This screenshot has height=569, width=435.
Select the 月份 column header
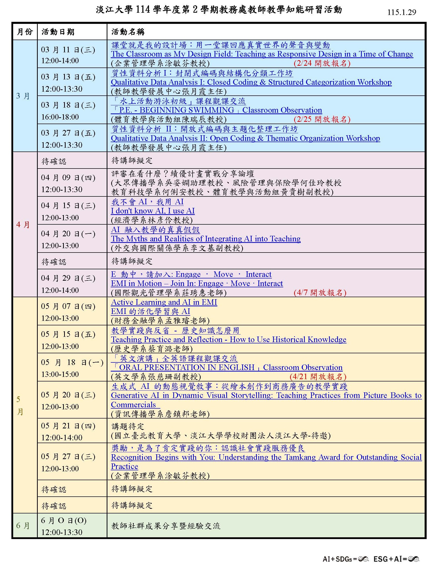pyautogui.click(x=25, y=32)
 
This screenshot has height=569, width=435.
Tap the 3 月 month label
pyautogui.click(x=23, y=96)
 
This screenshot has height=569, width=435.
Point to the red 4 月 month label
pyautogui.click(x=23, y=224)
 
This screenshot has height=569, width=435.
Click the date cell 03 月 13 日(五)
pyautogui.click(x=68, y=77)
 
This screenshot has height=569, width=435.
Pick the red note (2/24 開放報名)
pyautogui.click(x=322, y=63)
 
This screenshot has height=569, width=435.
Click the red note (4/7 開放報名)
pyautogui.click(x=320, y=293)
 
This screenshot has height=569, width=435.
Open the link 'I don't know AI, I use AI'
pyautogui.click(x=153, y=211)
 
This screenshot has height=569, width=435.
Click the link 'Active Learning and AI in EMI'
pyautogui.click(x=164, y=302)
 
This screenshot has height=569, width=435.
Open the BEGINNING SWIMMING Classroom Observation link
pyautogui.click(x=216, y=110)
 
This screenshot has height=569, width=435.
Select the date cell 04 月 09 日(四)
pyautogui.click(x=68, y=178)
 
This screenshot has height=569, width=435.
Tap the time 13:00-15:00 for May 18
pyautogui.click(x=60, y=374)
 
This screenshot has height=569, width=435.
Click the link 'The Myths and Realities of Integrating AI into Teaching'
pyautogui.click(x=205, y=239)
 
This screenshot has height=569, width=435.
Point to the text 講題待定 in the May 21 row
pyautogui.click(x=127, y=426)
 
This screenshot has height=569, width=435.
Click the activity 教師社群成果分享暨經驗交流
pyautogui.click(x=165, y=526)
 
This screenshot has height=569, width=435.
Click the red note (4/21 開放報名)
pyautogui.click(x=318, y=377)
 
